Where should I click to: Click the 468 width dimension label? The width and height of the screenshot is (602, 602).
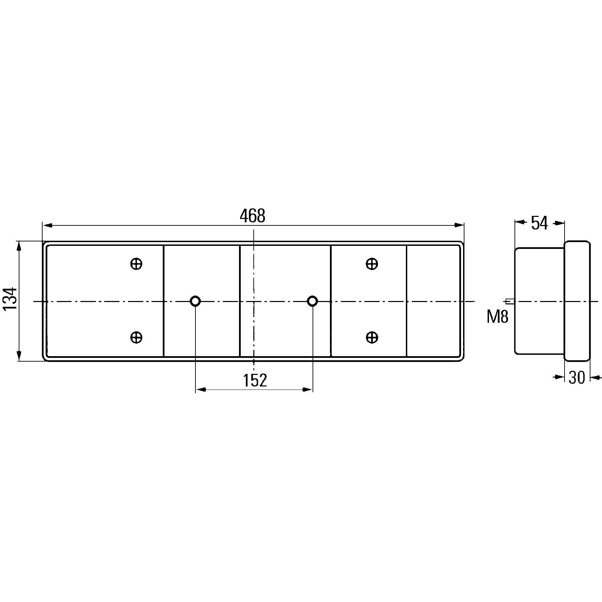point(252,216)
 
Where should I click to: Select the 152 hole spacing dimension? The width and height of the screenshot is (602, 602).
point(255,380)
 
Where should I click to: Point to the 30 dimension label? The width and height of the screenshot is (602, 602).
point(577,378)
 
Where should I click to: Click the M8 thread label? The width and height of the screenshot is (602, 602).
point(497,317)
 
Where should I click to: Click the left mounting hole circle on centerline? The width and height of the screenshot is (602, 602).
point(195,301)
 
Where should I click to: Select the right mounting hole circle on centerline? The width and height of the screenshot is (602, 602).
point(312,301)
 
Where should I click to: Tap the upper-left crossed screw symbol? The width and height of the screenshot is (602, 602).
point(136,264)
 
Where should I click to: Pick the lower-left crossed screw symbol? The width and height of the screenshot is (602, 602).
point(136,337)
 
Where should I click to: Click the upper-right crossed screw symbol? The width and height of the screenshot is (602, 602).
point(372,264)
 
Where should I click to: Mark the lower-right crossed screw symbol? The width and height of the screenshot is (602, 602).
point(372,337)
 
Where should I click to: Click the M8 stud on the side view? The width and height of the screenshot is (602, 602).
point(510,301)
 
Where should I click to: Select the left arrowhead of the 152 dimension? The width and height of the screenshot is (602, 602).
point(200,390)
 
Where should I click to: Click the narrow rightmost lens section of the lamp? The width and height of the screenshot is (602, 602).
point(433,301)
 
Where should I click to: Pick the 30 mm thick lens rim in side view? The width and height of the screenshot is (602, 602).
point(577,301)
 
